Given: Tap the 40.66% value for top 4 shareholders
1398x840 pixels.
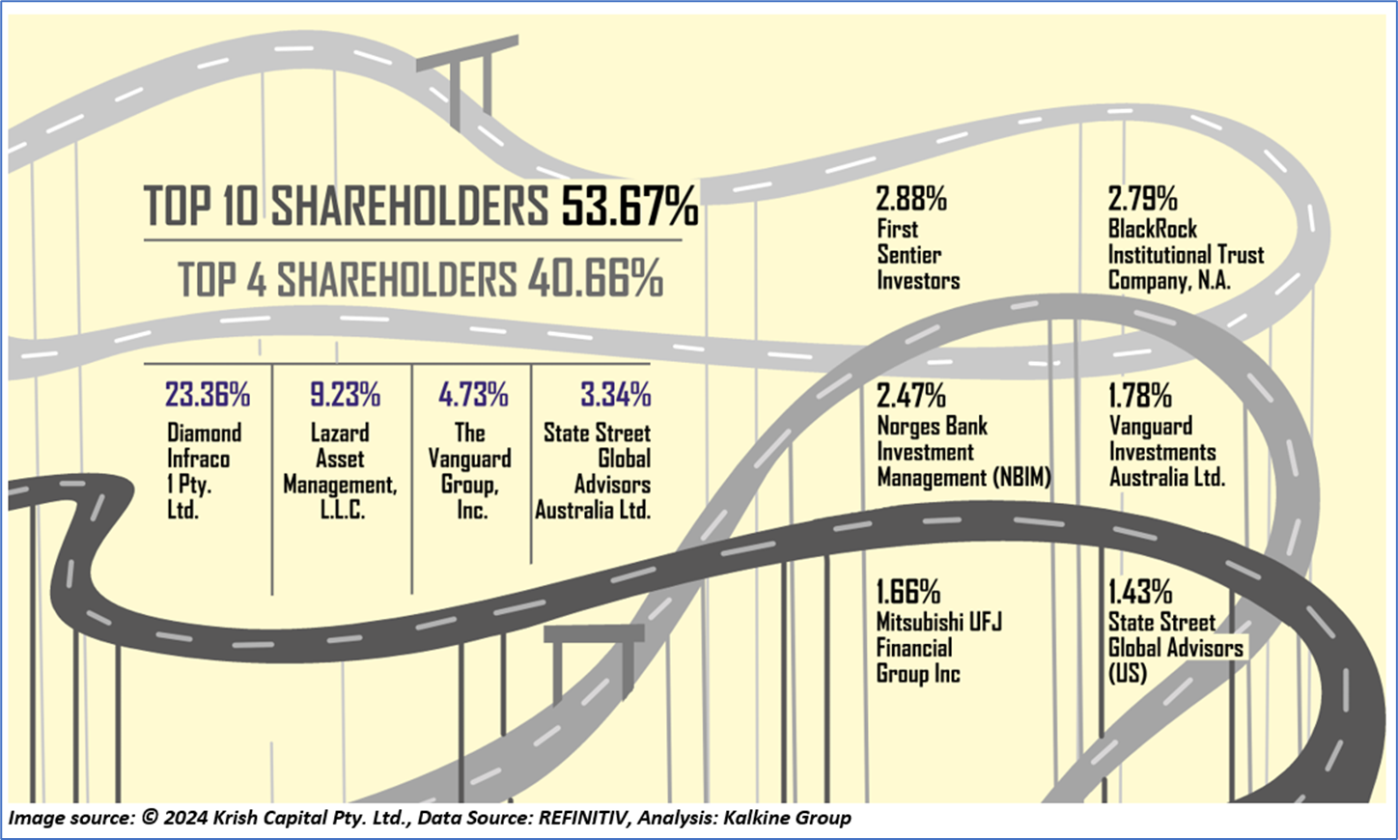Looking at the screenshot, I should point(595,279).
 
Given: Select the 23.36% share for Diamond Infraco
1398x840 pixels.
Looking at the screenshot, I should point(207,395).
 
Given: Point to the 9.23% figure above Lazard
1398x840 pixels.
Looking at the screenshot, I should point(345,395).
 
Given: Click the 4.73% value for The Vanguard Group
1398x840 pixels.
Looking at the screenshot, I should point(473,395).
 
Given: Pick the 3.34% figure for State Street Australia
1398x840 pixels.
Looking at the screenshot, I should point(615,395).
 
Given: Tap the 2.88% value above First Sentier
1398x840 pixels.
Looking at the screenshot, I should point(910,199).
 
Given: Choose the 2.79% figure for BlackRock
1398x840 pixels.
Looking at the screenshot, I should point(1142,199).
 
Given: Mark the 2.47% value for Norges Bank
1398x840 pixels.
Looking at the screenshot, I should point(910,396).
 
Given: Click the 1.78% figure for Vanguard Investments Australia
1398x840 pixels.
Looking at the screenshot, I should point(1140,396).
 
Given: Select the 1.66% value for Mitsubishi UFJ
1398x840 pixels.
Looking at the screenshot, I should point(908,591).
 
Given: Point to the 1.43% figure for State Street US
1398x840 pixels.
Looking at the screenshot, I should point(1139,591).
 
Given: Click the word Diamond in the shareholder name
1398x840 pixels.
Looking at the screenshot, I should point(204,433).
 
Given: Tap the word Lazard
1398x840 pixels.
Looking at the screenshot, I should point(340,433).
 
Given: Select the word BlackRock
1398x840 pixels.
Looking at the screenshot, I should point(1152,229).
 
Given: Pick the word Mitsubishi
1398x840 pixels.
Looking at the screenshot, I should point(921,622).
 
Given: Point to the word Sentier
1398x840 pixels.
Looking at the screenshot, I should point(909,255).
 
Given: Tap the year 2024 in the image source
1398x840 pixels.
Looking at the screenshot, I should point(188,818).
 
